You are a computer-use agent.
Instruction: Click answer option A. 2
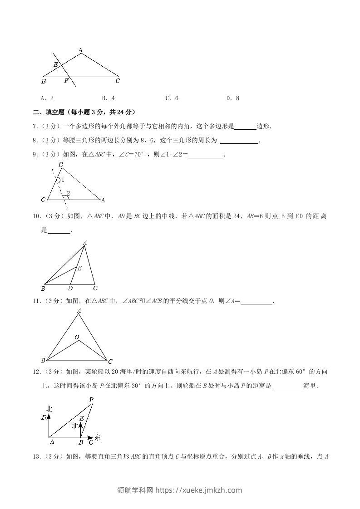point(47,98)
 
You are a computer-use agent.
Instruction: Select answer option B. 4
point(108,98)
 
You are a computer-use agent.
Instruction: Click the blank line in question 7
point(246,127)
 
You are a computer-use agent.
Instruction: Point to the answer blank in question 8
point(239,141)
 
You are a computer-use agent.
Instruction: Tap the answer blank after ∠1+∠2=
point(206,155)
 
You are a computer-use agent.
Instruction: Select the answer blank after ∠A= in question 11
point(256,301)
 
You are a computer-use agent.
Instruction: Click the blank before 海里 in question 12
point(289,387)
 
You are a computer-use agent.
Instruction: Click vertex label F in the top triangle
point(66,81)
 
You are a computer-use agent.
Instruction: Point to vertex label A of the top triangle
point(80,50)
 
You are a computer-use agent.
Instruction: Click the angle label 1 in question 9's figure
point(63,180)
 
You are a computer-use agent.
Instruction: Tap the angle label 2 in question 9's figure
point(68,194)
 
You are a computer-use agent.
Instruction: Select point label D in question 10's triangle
point(70,288)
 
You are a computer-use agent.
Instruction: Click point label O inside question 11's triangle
point(77,337)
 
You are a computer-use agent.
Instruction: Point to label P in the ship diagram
point(91,400)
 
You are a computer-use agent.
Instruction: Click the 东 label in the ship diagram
point(98,438)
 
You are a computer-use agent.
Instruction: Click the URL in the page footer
point(199,490)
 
